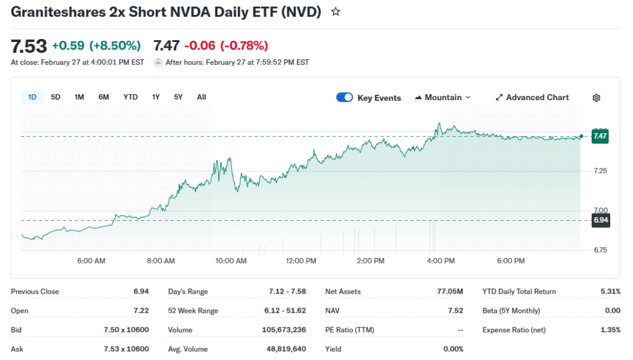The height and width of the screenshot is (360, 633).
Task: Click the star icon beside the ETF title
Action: pos(336,12)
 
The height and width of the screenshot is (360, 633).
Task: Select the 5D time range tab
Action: pos(56,97)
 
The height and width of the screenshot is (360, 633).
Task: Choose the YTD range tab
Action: pos(130,97)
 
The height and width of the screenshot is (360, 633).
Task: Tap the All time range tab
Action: pos(202,97)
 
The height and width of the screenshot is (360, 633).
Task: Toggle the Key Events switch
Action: pos(344,97)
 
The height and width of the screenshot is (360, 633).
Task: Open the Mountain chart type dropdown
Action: pos(443,97)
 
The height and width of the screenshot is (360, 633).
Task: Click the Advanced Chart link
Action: pos(532,97)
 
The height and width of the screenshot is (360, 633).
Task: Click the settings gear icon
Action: pos(597,98)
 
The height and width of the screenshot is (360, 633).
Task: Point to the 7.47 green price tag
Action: pos(600,136)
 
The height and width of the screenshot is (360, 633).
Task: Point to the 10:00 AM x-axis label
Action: pos(231,261)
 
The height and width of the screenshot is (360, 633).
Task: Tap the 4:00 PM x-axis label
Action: pos(441,261)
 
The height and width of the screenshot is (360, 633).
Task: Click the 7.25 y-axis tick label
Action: pos(600,171)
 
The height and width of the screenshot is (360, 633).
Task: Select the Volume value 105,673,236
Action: pos(284,330)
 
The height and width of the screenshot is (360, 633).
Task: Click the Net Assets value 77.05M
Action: pos(451,291)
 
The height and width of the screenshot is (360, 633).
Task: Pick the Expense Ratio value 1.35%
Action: pos(610,330)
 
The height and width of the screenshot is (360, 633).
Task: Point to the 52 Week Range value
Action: pos(286,311)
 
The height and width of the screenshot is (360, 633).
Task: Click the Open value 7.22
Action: pos(141,311)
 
